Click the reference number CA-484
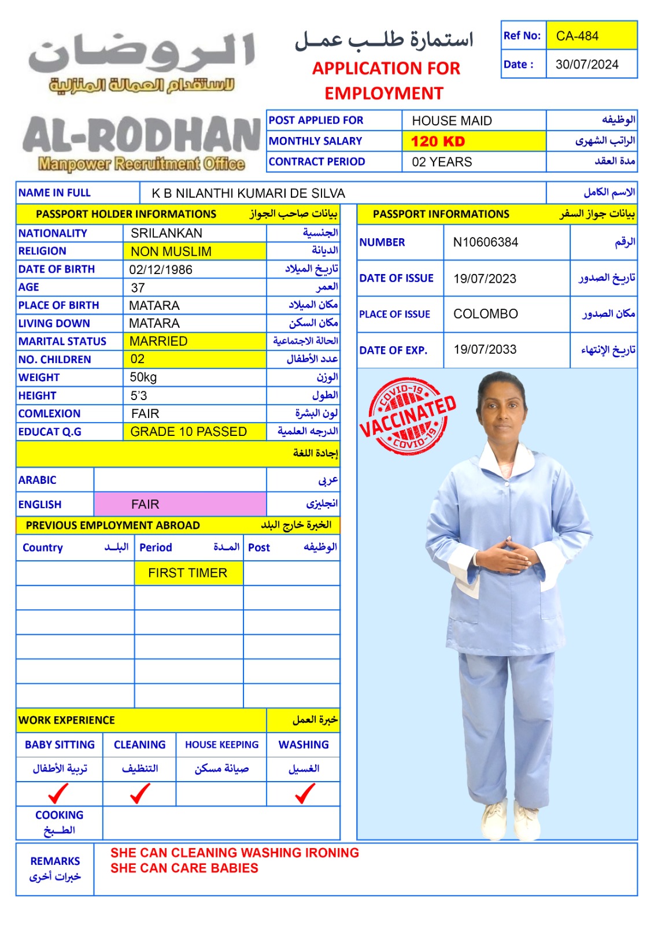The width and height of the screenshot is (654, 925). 577,36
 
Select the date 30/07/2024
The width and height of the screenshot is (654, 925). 587,64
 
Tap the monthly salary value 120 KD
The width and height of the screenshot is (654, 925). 438,141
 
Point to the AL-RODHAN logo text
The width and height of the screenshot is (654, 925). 141,136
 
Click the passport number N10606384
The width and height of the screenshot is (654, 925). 486,242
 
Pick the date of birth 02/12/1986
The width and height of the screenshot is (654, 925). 161,269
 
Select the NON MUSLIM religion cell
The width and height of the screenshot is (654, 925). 171,251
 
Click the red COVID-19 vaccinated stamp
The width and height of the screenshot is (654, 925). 408,416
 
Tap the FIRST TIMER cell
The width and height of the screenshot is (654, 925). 188,573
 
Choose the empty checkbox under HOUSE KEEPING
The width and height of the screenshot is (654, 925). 221,794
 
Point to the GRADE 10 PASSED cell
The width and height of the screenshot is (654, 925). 189,432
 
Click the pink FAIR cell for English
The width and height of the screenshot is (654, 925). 145,504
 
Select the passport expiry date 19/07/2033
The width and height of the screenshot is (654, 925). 485,349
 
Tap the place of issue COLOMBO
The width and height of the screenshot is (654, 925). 486,314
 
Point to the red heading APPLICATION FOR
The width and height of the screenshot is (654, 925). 386,68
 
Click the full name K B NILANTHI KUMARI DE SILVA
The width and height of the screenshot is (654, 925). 248,193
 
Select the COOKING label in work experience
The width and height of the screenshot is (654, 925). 59,815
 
